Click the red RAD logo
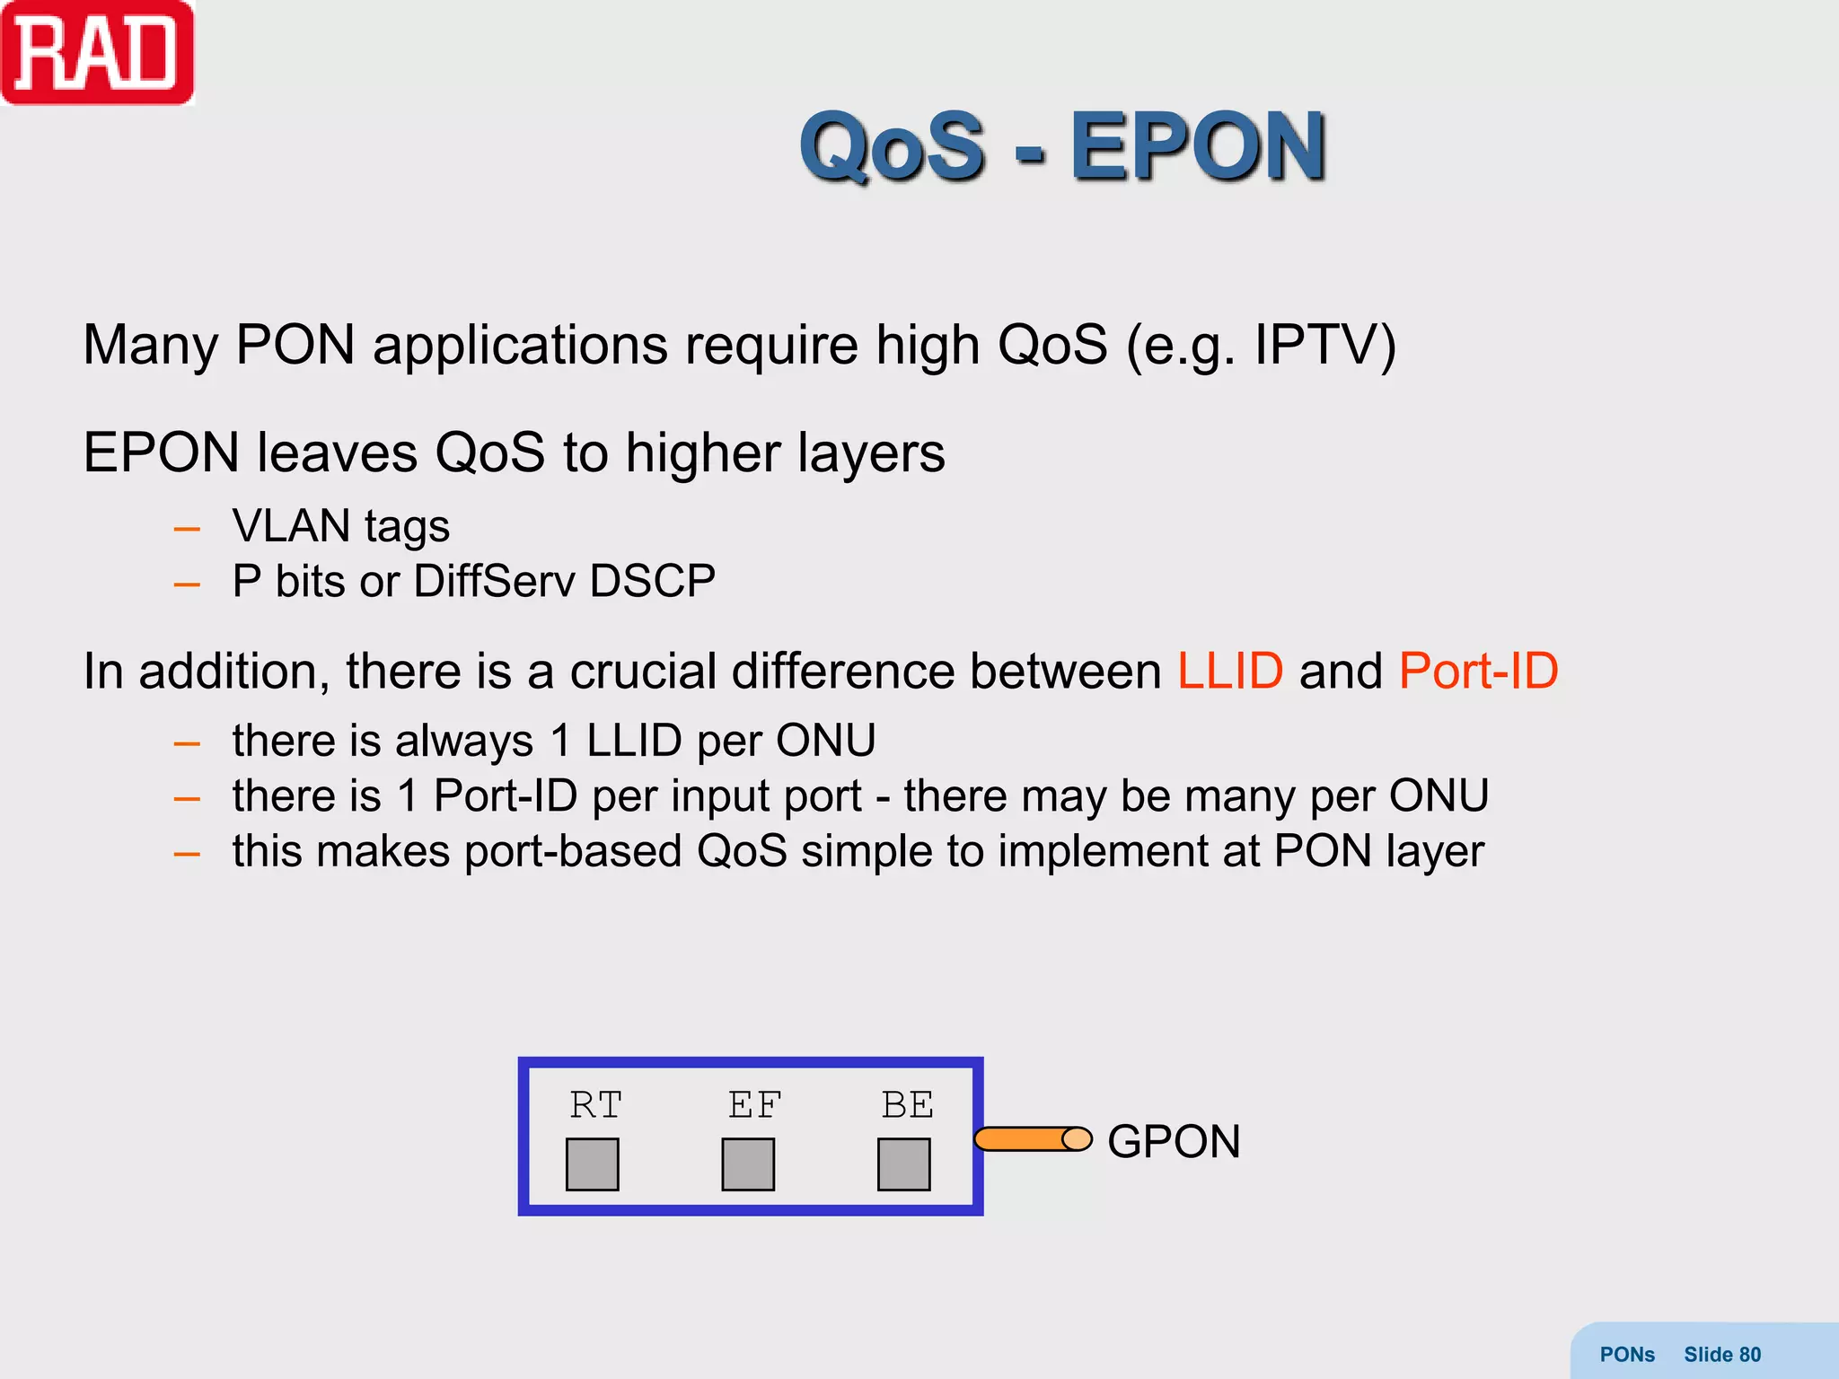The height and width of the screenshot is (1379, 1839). (97, 54)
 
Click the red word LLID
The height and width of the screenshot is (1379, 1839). (1229, 672)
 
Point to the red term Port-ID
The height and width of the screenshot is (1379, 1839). (1478, 672)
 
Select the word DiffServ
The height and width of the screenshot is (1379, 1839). (494, 582)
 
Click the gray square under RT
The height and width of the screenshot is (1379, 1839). (593, 1164)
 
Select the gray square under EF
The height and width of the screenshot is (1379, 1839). (748, 1164)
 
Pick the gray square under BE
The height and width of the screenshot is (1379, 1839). (903, 1164)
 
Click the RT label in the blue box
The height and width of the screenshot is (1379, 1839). (595, 1105)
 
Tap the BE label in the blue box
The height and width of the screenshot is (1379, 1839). (907, 1105)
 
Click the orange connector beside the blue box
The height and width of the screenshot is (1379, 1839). (1032, 1139)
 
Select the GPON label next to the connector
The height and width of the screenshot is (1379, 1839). (1174, 1142)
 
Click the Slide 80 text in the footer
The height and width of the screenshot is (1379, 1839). (1721, 1355)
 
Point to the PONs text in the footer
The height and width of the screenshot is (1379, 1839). (1627, 1355)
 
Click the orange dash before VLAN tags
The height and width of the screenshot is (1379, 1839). (187, 530)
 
